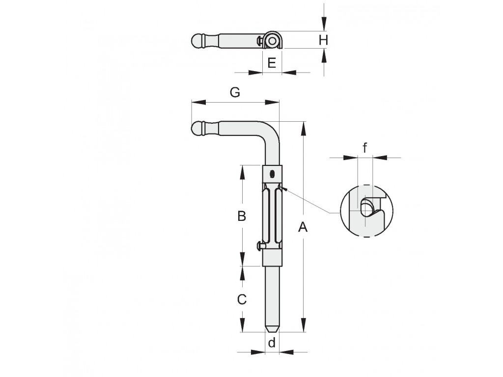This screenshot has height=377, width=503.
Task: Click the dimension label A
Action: pyautogui.click(x=303, y=227)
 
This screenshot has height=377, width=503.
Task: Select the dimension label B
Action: pyautogui.click(x=242, y=216)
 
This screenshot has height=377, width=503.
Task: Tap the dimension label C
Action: pyautogui.click(x=242, y=299)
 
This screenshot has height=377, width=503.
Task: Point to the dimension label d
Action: pyautogui.click(x=272, y=343)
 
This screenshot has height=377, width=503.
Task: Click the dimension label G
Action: pyautogui.click(x=235, y=92)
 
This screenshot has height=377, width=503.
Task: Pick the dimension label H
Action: pyautogui.click(x=323, y=40)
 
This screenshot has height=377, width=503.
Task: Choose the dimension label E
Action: pyautogui.click(x=272, y=63)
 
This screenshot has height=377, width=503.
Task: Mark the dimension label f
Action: pyautogui.click(x=365, y=148)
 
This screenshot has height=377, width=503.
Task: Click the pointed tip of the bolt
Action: pyautogui.click(x=272, y=331)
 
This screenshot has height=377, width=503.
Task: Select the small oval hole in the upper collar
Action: pyautogui.click(x=272, y=175)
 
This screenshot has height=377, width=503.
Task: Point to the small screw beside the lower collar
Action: pyautogui.click(x=260, y=246)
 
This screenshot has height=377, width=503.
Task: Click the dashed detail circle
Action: pyautogui.click(x=340, y=211)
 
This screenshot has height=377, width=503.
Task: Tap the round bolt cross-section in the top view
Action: pyautogui.click(x=272, y=41)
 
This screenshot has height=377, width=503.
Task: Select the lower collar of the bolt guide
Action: pyautogui.click(x=272, y=258)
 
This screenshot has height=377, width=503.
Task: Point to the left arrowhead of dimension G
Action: pyautogui.click(x=198, y=102)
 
